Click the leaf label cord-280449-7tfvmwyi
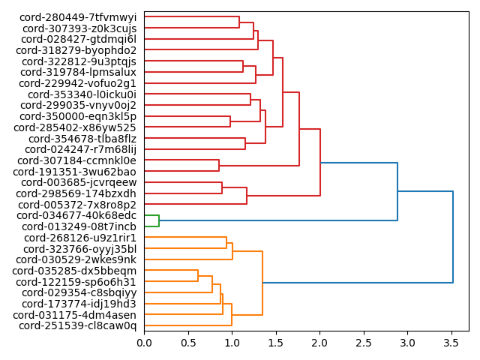[78, 17]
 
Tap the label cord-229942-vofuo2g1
[79, 83]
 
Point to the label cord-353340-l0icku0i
[82, 94]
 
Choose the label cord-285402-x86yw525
[75, 127]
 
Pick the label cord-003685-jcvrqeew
[79, 182]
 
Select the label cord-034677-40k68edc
[78, 215]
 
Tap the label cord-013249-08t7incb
[79, 226]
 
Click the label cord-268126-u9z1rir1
[79, 238]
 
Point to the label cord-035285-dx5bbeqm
[74, 271]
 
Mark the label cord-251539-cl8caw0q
[77, 325]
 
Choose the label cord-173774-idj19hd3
[79, 304]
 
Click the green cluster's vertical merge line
[159, 220]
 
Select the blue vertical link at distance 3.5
[453, 237]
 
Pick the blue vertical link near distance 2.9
[397, 191]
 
